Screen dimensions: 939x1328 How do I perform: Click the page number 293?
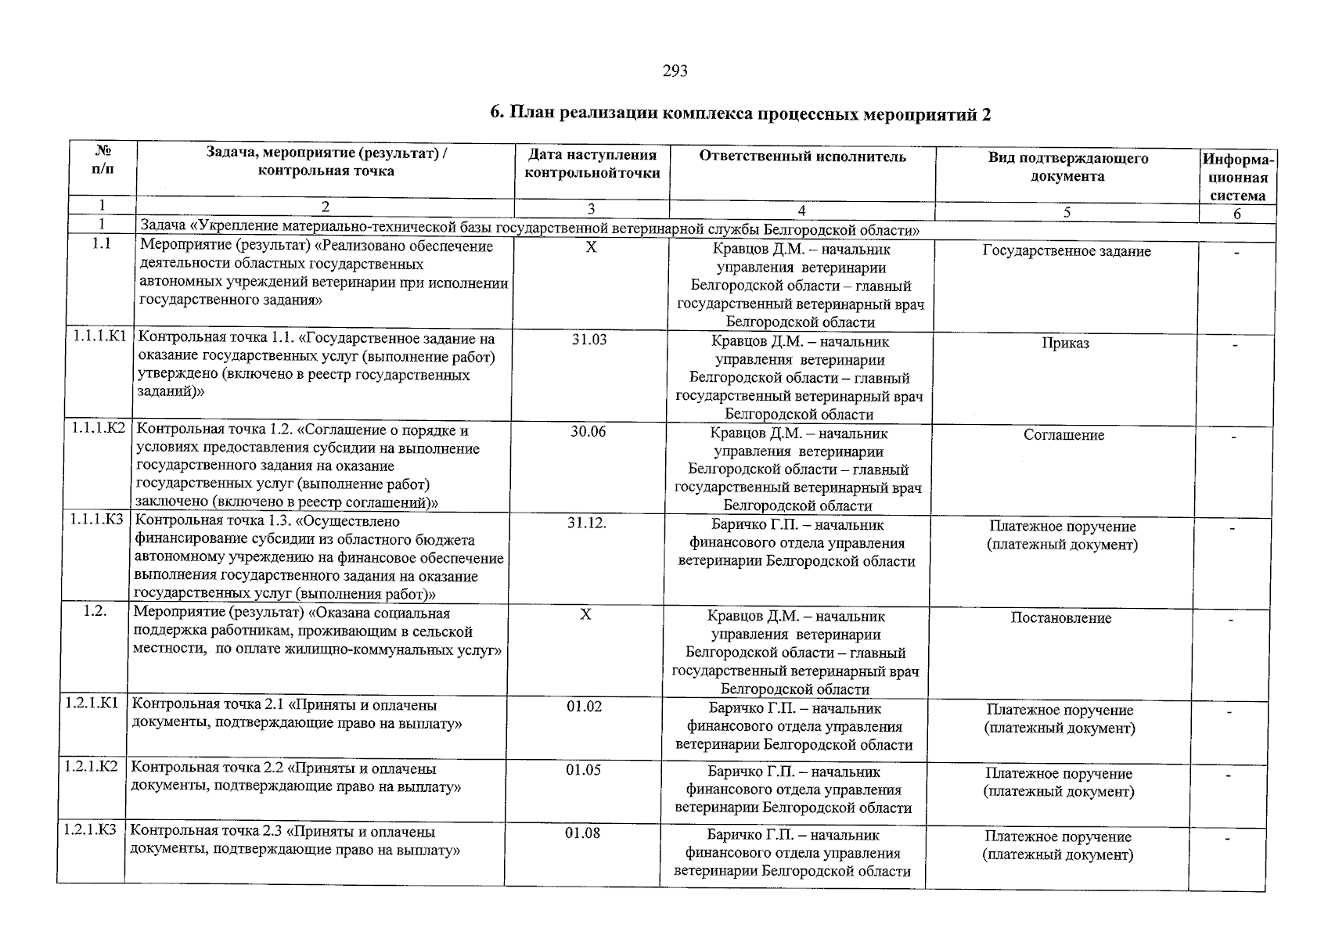675,71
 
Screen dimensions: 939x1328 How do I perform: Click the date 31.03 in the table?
589,340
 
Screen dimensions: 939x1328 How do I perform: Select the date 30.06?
588,431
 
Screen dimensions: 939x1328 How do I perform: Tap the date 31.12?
587,523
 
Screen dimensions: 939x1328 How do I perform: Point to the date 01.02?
585,707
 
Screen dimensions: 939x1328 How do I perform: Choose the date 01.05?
584,770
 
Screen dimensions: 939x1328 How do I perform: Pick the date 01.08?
583,833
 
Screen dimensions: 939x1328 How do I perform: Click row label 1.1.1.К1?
99,337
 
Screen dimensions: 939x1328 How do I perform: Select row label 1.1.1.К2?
98,429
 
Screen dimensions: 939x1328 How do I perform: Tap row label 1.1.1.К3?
96,520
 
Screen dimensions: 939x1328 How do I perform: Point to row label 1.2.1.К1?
92,703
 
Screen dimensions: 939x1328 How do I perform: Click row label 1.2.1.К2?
92,767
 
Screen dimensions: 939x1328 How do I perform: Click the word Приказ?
1065,344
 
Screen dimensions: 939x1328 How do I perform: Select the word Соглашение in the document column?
1063,435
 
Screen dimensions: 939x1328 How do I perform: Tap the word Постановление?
1061,618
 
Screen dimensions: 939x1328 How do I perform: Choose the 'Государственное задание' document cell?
1067,251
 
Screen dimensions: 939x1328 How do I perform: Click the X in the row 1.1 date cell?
592,246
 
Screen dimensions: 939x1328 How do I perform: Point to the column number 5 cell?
1067,211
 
